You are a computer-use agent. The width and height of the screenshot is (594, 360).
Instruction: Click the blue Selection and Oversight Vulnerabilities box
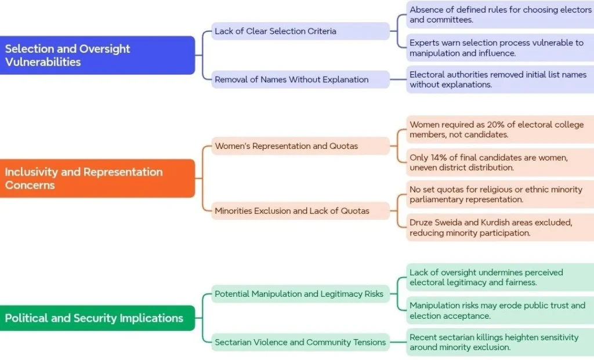(97, 55)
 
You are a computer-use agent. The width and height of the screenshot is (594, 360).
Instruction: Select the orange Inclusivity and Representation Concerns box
(97, 179)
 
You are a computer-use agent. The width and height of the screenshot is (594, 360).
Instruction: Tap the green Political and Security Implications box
(97, 318)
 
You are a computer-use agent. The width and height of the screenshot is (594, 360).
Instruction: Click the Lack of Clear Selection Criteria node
(300, 31)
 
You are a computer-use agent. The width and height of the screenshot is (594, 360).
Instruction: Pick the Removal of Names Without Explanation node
(300, 79)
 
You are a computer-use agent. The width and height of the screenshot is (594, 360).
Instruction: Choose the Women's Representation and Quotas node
(300, 146)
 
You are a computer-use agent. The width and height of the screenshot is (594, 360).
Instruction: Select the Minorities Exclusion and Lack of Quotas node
(300, 211)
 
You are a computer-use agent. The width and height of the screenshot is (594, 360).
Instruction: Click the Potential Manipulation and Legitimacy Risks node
(300, 294)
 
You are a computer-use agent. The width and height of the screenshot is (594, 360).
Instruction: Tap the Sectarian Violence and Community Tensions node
(300, 342)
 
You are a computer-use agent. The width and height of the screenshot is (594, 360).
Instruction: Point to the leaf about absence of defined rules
(500, 14)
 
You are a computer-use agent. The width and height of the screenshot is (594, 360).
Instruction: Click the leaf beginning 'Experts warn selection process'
(500, 48)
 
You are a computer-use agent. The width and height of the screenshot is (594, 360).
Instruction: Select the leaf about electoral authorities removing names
(500, 79)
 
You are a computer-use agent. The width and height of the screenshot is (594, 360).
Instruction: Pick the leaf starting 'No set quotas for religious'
(500, 194)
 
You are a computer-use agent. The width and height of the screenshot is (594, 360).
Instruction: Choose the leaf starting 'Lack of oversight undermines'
(500, 277)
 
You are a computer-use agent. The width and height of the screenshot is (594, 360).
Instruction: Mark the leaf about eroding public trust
(500, 310)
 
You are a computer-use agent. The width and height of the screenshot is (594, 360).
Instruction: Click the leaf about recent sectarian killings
(500, 342)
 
